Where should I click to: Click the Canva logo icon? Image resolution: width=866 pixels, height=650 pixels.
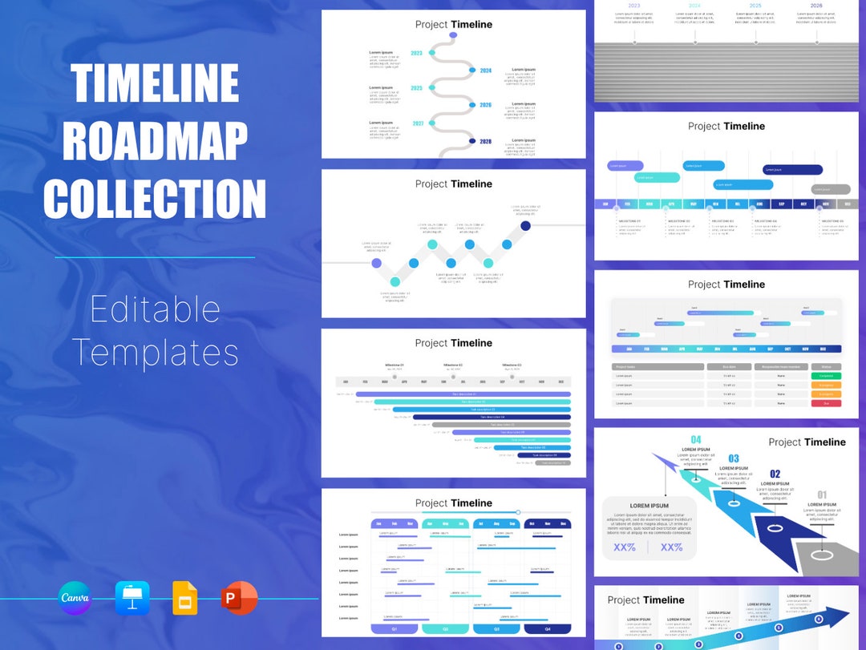point(75,599)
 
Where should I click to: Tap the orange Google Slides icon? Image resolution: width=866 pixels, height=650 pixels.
point(184,599)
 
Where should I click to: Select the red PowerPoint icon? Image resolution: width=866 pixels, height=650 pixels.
point(239,599)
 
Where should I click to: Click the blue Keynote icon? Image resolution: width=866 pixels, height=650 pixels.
point(132,599)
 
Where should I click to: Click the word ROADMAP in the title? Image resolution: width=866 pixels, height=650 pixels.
point(155,141)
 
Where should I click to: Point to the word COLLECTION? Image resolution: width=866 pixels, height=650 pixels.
point(155,198)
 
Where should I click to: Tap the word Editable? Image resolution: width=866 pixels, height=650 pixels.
point(155,309)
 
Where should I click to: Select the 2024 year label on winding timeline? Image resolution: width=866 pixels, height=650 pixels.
point(485,71)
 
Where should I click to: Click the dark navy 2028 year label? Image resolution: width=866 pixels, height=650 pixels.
point(485,141)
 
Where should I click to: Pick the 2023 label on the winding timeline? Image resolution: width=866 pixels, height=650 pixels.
point(417,54)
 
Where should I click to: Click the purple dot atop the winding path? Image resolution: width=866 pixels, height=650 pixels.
point(453,35)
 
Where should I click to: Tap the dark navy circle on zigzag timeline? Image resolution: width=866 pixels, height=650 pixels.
point(525,226)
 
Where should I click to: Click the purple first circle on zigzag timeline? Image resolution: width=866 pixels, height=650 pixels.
point(376,263)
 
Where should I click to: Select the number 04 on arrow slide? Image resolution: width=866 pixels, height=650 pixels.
point(695,440)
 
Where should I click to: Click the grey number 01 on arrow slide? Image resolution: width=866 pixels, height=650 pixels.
point(822,495)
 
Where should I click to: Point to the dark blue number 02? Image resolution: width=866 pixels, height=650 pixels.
point(775,474)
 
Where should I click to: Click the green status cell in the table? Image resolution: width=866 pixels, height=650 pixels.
point(826,375)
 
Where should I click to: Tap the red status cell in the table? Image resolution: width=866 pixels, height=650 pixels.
point(826,403)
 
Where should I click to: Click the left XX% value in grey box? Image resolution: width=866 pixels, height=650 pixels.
point(625,547)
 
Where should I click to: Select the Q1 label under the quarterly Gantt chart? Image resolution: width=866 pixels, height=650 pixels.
point(394,629)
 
